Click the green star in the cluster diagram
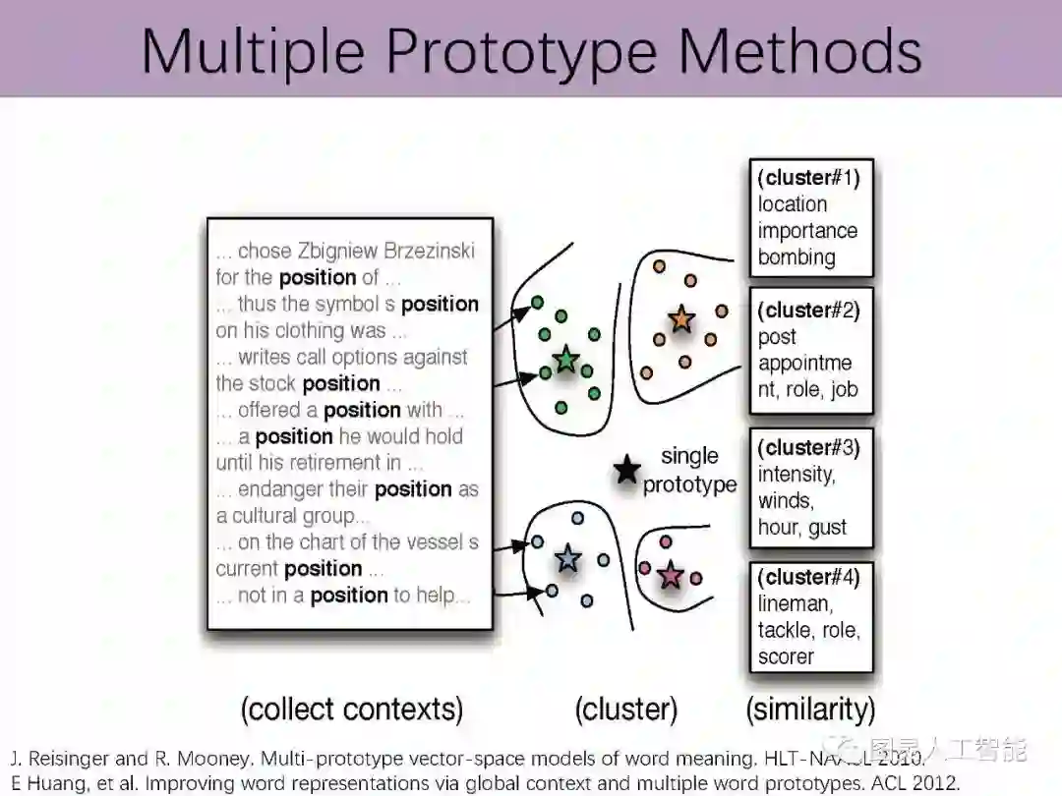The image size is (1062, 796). (x=565, y=360)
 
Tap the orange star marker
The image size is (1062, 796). (x=681, y=319)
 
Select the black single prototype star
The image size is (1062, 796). (x=626, y=471)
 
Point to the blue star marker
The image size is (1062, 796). (x=567, y=559)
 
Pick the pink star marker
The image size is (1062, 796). (x=671, y=575)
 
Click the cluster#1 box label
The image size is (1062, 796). (x=809, y=178)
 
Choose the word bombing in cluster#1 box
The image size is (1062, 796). (x=796, y=257)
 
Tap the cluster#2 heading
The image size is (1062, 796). (x=809, y=310)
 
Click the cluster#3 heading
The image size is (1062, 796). (x=809, y=447)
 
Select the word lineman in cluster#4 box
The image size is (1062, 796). (x=796, y=603)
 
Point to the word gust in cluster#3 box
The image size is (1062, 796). (x=827, y=527)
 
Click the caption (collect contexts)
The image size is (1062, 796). (x=351, y=709)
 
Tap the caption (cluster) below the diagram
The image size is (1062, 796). (x=626, y=709)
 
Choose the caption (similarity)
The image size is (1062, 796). (x=810, y=709)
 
